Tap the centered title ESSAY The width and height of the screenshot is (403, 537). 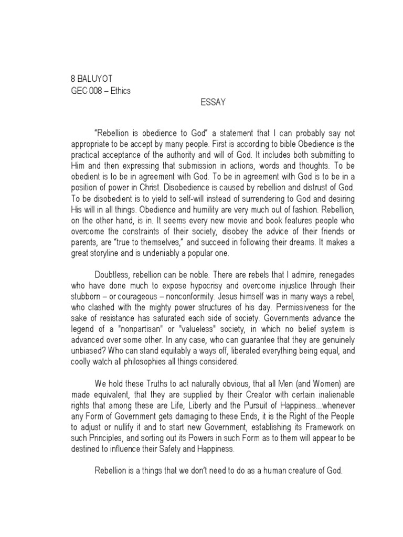click(213, 103)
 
